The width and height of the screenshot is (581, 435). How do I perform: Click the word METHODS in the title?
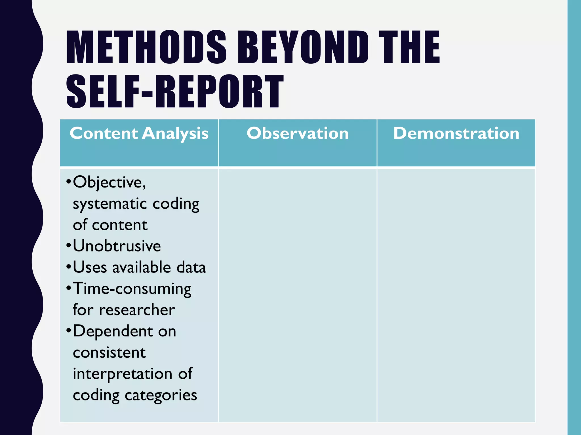click(x=146, y=47)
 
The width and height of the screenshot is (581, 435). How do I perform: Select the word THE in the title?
click(x=409, y=47)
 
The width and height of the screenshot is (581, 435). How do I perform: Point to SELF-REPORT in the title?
click(x=175, y=91)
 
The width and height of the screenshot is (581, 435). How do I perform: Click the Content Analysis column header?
click(x=139, y=133)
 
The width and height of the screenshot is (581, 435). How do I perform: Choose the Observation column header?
click(x=298, y=133)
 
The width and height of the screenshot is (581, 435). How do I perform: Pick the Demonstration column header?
click(x=456, y=133)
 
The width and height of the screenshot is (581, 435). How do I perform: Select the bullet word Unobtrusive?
click(x=117, y=246)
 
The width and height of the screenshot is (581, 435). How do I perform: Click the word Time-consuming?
click(x=132, y=289)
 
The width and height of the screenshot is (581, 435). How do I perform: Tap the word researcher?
click(x=137, y=310)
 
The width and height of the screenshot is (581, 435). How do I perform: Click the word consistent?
click(x=109, y=353)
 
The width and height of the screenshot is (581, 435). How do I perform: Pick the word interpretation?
click(x=123, y=374)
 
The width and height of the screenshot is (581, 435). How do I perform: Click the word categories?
click(x=161, y=395)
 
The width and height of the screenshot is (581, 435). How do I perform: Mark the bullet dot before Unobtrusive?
click(x=68, y=246)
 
